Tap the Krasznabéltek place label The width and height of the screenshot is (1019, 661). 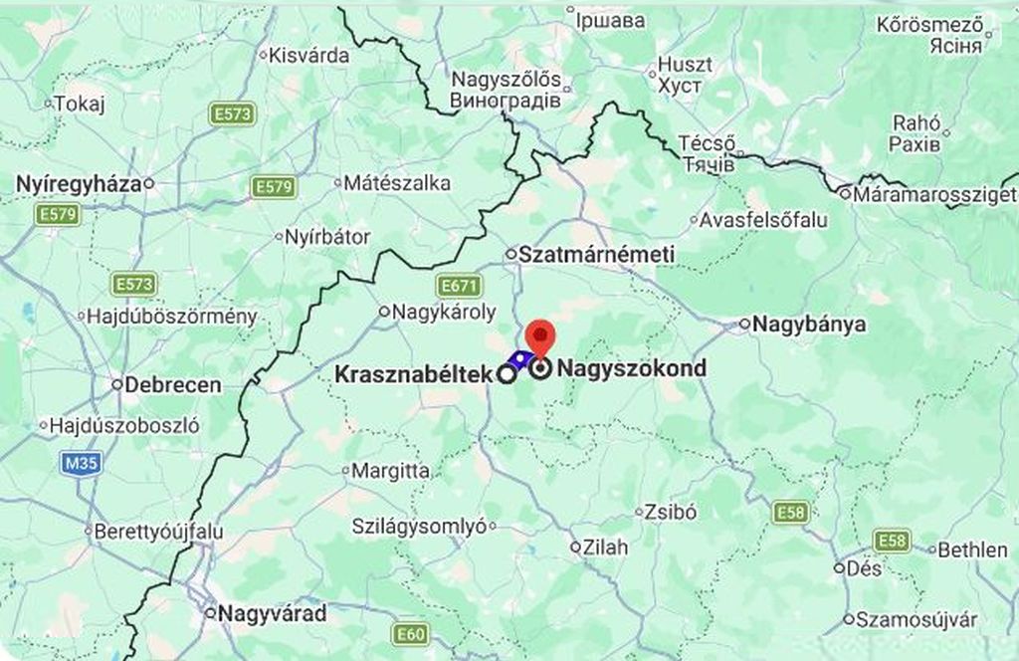[413, 375]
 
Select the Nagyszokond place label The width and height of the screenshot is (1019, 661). [632, 368]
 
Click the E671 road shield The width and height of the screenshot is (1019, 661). [461, 287]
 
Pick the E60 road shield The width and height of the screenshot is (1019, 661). [410, 634]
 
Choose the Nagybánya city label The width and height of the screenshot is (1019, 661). [809, 324]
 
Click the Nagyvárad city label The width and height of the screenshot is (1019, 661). [273, 613]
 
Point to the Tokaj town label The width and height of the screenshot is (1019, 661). [79, 104]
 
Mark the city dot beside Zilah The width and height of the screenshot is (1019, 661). [575, 548]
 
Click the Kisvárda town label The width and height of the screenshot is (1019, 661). [309, 56]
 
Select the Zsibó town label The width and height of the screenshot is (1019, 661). [671, 513]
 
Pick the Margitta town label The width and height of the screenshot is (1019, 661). [391, 471]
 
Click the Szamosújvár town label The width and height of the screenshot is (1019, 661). [917, 619]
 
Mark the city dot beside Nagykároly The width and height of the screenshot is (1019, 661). [384, 312]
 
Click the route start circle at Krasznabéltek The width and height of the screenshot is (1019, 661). [507, 374]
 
